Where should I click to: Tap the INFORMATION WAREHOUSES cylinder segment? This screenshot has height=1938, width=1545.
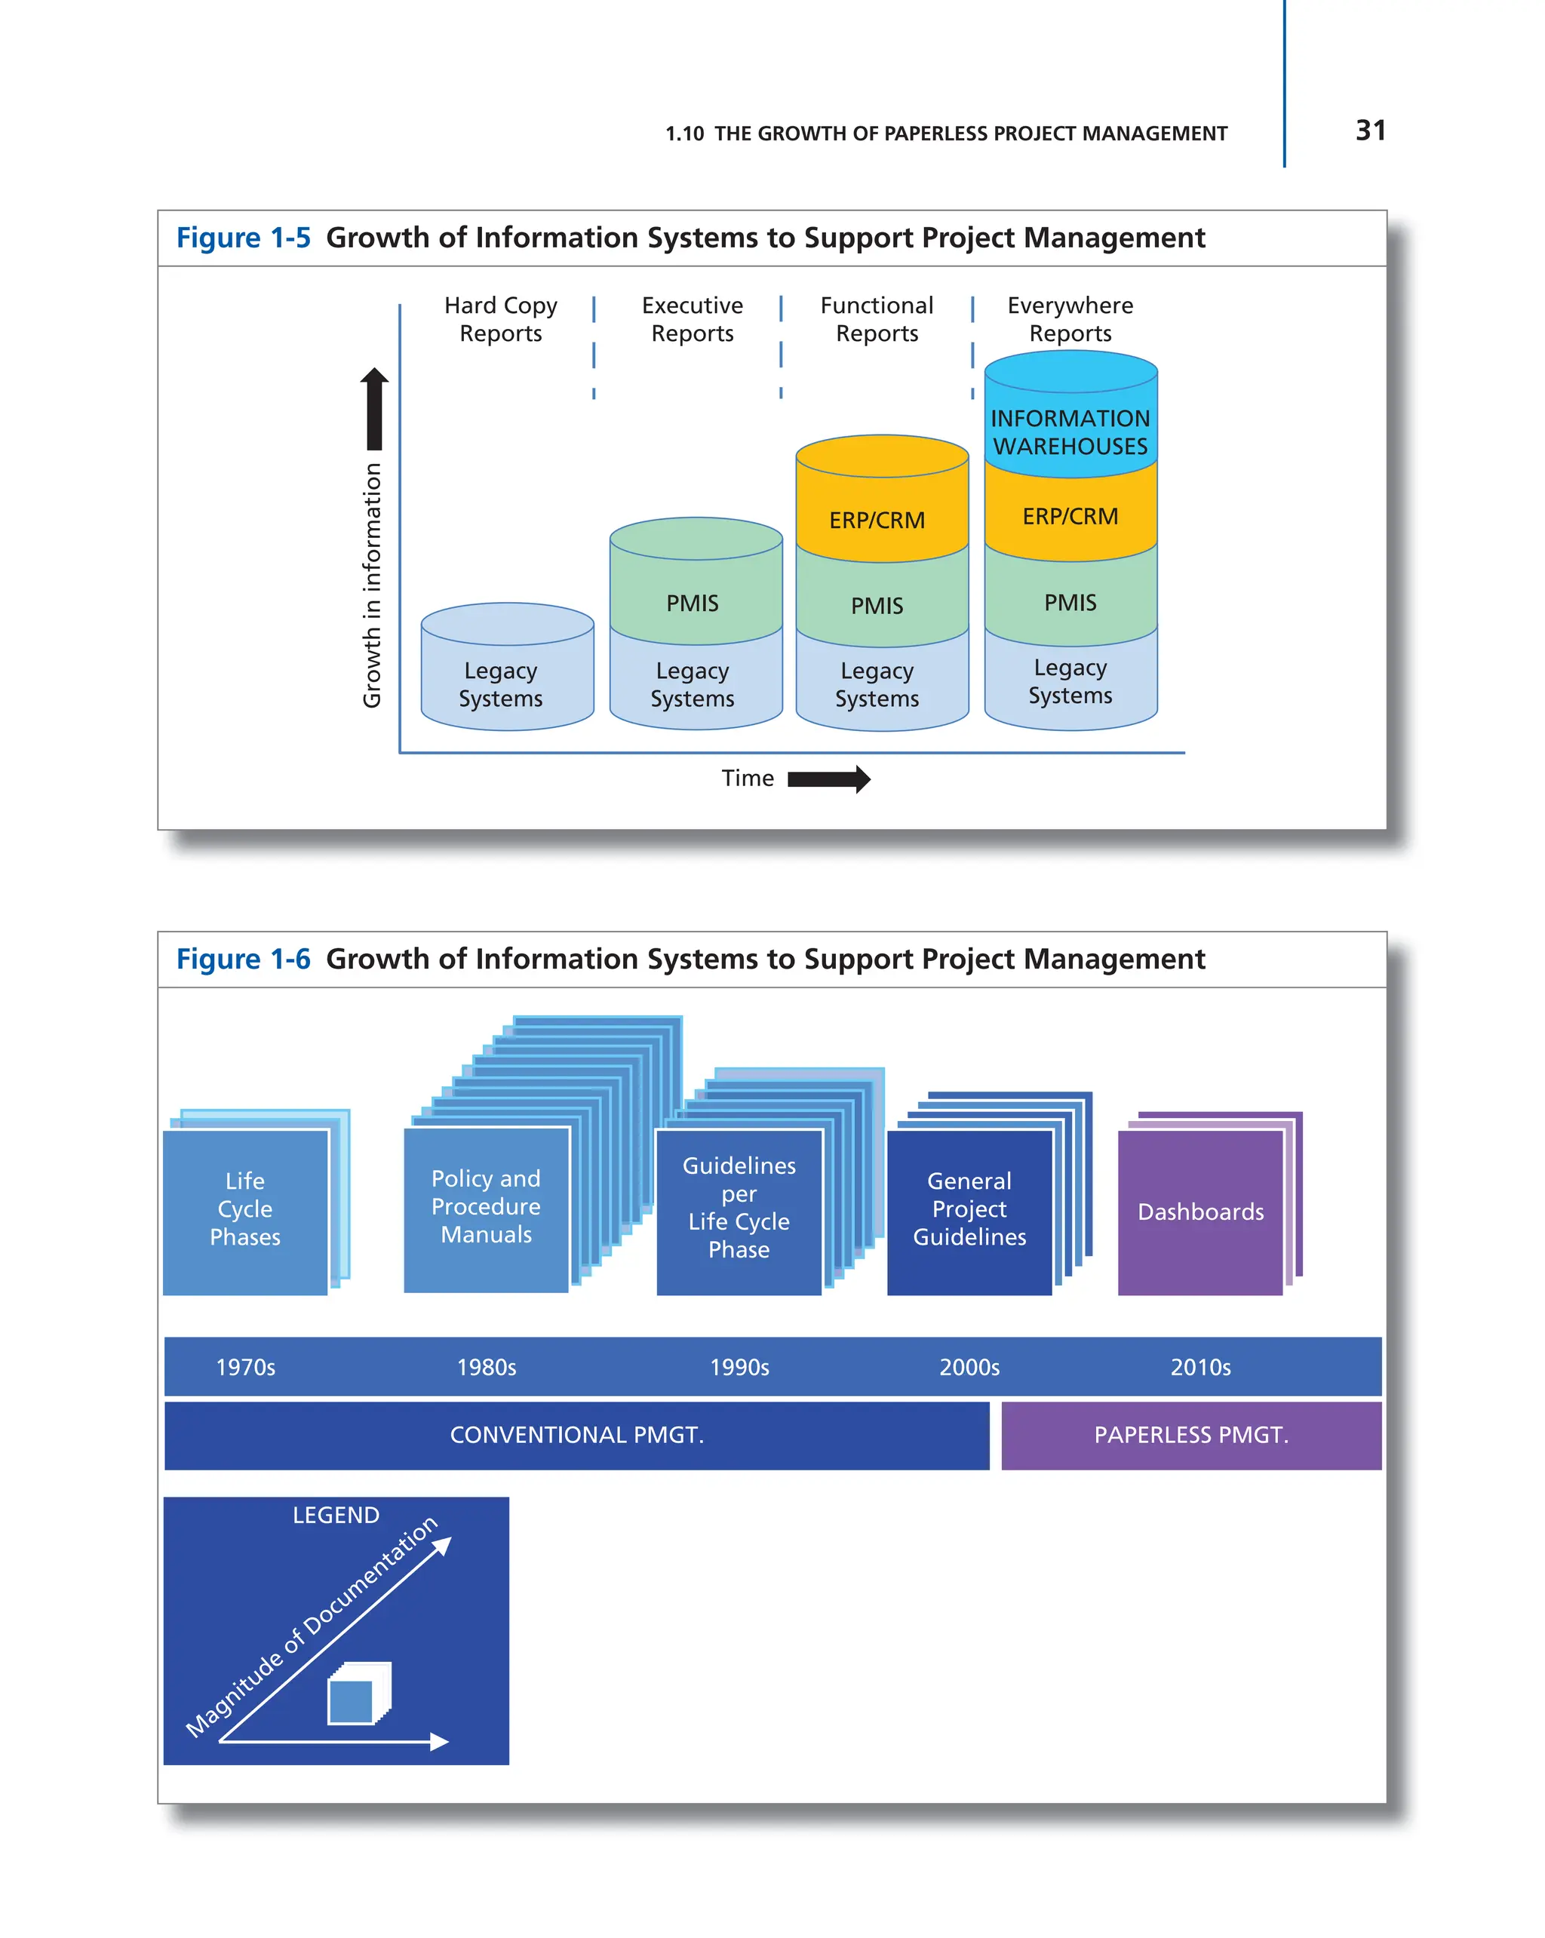point(1070,432)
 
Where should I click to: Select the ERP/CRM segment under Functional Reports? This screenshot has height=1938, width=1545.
point(877,520)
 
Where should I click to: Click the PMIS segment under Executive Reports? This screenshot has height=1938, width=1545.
point(692,602)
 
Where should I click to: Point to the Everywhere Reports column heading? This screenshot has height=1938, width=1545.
point(1070,319)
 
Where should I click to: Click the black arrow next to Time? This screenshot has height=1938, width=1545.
point(828,779)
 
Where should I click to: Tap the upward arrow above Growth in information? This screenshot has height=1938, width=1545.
point(375,409)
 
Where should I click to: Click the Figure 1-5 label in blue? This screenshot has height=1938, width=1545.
point(243,238)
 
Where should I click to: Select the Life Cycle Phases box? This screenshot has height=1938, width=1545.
point(244,1209)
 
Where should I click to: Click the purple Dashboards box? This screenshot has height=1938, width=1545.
point(1200,1212)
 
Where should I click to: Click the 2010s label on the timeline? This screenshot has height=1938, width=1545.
point(1200,1367)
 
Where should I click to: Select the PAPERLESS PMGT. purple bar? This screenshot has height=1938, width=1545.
point(1191,1435)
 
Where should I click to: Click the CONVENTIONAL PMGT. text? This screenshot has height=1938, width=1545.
point(576,1435)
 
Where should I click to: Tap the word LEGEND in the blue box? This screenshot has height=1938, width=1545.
point(336,1516)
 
